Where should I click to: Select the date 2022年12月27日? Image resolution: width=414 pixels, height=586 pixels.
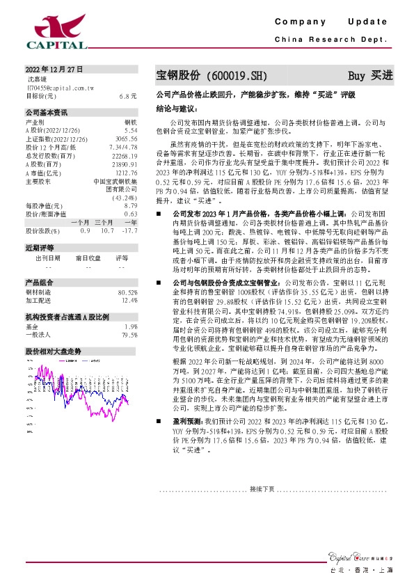point(54,69)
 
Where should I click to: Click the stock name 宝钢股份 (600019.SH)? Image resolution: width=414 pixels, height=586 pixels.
point(209,75)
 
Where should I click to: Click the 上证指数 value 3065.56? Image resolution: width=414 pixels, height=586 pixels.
point(127,138)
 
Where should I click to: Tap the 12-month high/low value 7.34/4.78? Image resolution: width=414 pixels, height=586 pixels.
point(123,147)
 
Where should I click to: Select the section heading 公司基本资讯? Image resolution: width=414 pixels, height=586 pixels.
point(47,113)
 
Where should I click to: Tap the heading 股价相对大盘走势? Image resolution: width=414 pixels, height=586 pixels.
point(53,351)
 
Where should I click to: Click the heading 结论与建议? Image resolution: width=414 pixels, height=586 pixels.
point(177,109)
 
